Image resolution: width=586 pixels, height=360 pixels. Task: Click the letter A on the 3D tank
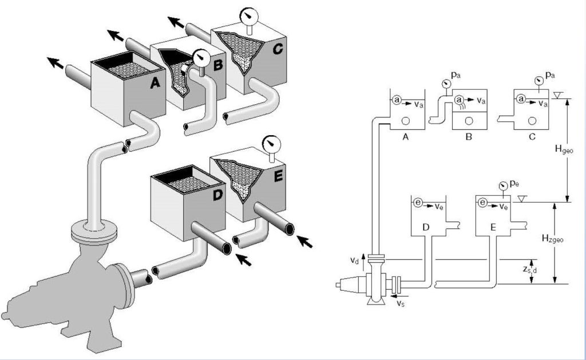click(155, 82)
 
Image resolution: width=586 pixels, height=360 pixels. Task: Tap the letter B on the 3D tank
click(217, 65)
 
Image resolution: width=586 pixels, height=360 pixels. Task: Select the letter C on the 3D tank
click(278, 49)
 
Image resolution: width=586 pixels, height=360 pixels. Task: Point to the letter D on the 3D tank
click(217, 195)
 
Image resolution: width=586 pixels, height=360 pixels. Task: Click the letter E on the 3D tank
click(278, 176)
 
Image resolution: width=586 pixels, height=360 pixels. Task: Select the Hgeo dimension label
click(564, 150)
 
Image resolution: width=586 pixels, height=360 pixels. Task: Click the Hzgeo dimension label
click(552, 239)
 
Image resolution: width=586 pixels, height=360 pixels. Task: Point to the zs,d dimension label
click(529, 270)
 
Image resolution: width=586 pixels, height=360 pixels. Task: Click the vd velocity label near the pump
click(354, 260)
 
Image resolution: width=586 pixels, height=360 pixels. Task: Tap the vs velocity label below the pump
click(400, 303)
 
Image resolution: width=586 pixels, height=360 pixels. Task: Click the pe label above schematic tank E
click(514, 184)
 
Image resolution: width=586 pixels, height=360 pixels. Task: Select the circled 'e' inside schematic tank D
click(418, 203)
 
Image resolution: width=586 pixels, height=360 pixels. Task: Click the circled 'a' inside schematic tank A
click(397, 100)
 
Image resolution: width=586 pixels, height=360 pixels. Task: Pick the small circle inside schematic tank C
click(532, 121)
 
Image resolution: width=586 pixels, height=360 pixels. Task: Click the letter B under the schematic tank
click(469, 137)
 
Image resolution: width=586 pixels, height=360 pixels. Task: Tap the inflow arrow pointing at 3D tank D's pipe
click(244, 259)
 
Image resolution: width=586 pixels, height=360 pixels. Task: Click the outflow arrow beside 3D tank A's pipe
click(56, 63)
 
